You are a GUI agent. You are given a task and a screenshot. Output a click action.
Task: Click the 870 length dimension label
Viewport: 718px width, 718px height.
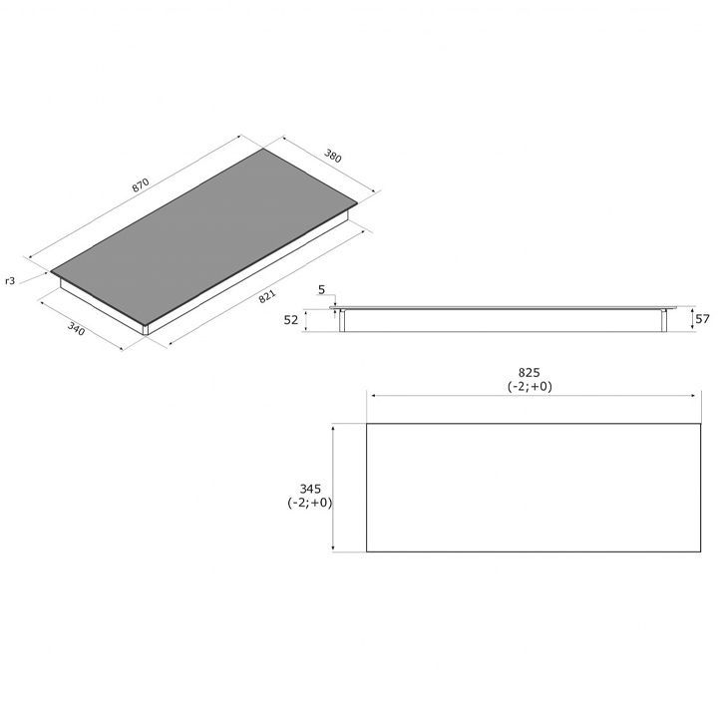click(141, 185)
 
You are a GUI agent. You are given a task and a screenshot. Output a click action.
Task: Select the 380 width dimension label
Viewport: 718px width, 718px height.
click(333, 156)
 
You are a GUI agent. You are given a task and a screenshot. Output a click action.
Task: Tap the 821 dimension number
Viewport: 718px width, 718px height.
click(267, 296)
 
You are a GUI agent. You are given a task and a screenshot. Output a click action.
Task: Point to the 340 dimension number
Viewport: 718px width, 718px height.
click(76, 328)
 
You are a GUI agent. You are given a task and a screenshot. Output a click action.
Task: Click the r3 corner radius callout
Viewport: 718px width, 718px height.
click(10, 280)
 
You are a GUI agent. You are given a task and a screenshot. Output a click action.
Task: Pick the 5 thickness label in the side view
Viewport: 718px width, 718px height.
click(321, 290)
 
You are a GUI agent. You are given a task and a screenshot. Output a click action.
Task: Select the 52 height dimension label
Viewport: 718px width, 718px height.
click(291, 320)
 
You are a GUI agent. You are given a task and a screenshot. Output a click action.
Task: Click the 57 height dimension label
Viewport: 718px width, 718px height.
click(702, 319)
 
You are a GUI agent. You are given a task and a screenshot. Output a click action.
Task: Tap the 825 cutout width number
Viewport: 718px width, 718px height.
click(530, 372)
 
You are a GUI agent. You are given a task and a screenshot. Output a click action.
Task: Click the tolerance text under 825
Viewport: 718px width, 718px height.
click(530, 387)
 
